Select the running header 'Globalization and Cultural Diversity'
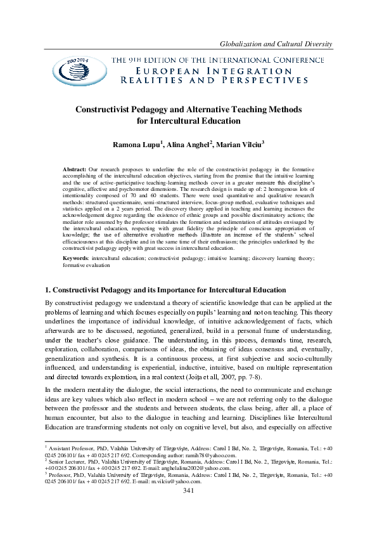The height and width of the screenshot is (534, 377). (x=275, y=42)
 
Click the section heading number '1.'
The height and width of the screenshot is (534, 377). (x=48, y=290)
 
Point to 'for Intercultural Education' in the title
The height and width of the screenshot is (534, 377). (x=189, y=120)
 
